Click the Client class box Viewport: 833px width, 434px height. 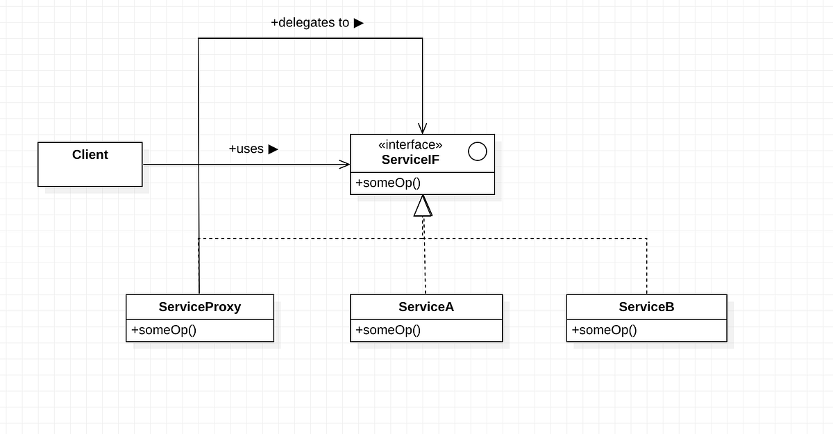[90, 165]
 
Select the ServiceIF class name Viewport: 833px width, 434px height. [410, 160]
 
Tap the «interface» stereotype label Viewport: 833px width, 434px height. [410, 145]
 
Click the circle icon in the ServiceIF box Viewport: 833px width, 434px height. [478, 151]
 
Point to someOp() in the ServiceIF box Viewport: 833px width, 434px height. [389, 183]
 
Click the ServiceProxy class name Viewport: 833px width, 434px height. [199, 306]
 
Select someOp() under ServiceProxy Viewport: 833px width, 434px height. [164, 330]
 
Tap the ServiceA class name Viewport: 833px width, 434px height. [426, 306]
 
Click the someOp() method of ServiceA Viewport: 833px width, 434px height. [388, 330]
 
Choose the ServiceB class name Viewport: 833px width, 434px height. [646, 306]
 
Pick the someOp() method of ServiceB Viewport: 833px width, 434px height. [605, 330]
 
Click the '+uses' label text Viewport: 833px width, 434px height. [246, 149]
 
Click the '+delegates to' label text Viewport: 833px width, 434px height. [310, 23]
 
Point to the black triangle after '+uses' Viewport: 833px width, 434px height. [274, 149]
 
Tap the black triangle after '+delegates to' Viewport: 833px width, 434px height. [359, 23]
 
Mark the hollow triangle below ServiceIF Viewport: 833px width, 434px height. [423, 206]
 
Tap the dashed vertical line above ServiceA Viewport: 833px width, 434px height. [425, 267]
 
